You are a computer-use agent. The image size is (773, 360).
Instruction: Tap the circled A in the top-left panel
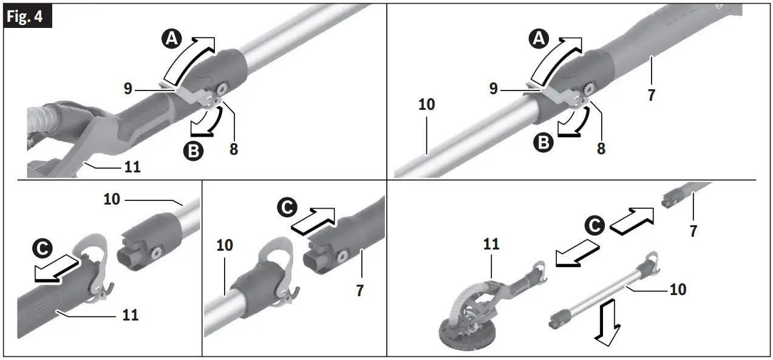pos(172,39)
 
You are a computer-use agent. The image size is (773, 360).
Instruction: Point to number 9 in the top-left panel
pos(128,89)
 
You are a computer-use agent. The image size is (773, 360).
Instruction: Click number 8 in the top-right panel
pos(601,148)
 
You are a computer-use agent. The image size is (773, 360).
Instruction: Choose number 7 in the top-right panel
pos(651,95)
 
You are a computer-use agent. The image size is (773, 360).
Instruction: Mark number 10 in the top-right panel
pos(427,104)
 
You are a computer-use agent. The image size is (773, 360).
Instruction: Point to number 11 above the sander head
pos(491,245)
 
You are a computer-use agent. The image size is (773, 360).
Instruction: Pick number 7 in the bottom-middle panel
pos(359,290)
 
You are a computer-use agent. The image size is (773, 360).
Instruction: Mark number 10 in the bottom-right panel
pos(678,290)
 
